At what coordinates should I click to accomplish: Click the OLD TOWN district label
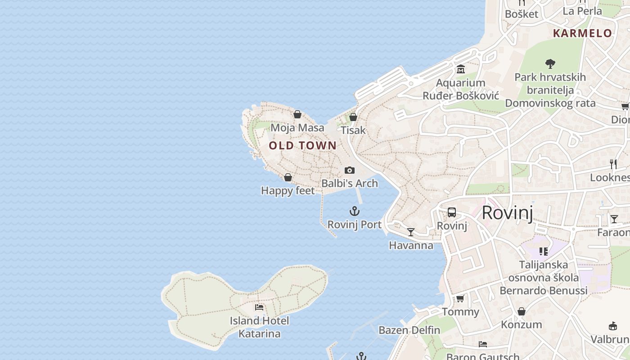302,145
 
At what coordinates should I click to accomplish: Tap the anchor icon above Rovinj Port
355,211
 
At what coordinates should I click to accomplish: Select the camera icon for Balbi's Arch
350,170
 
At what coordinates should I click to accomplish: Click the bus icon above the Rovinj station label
452,212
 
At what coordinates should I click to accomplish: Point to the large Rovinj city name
507,212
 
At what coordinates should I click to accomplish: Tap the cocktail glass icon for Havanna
411,232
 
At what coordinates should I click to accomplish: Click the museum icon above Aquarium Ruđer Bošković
461,69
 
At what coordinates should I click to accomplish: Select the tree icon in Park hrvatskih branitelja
550,63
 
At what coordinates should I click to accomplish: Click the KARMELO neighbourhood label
582,33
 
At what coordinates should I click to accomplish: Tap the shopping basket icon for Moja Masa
297,114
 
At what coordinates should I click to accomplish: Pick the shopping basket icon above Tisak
353,117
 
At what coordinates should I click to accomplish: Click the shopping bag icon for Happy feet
288,177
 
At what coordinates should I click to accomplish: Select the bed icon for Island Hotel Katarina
259,307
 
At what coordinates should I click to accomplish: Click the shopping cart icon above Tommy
460,298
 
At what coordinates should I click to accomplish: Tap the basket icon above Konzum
521,311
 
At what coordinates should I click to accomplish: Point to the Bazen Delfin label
409,330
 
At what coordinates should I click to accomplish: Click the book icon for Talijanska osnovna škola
544,251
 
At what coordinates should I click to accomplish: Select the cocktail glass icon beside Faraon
614,219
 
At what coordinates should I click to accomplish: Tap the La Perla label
582,11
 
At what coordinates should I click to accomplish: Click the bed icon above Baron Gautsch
483,344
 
